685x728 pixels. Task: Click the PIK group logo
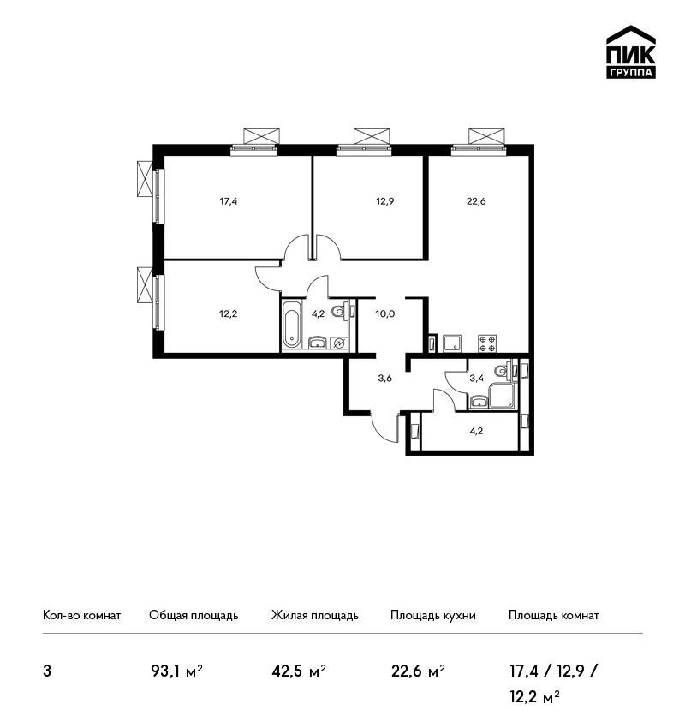click(631, 52)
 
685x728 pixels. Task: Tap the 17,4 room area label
click(229, 201)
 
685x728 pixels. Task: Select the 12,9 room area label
click(384, 201)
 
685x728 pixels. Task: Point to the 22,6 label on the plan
click(476, 201)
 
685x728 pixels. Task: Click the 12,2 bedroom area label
click(229, 313)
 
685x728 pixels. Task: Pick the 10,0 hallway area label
click(384, 313)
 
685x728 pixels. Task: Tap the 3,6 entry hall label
click(384, 378)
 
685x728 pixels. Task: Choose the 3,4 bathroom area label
click(477, 378)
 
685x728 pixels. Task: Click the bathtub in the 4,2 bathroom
click(291, 325)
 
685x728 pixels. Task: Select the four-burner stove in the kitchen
click(487, 343)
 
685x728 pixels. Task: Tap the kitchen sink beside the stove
click(452, 343)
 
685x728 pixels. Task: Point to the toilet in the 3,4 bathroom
click(503, 371)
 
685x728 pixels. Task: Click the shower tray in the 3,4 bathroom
click(502, 396)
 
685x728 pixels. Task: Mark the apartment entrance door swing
click(384, 428)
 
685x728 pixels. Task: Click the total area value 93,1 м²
click(177, 671)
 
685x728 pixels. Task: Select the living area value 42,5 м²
click(299, 671)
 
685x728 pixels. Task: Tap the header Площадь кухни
click(433, 616)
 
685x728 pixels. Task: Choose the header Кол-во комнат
click(81, 615)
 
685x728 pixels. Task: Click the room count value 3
click(47, 671)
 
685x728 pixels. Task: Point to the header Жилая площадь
click(315, 616)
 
